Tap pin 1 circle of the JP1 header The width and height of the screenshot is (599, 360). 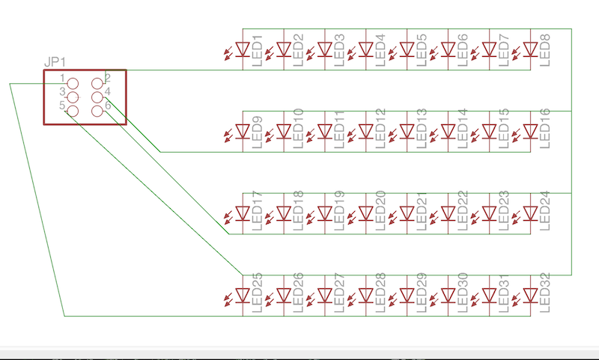(73, 83)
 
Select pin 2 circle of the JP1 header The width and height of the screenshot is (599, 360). (97, 83)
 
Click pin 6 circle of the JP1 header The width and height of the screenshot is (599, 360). (97, 111)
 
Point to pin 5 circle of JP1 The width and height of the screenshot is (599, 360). (73, 111)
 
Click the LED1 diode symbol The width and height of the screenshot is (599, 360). (242, 49)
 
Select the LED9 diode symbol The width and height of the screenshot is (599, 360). (242, 132)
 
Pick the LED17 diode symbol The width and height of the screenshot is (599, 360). (242, 214)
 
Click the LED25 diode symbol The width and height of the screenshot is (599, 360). (242, 296)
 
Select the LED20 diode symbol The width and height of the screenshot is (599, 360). (365, 214)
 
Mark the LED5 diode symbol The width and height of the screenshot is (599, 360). (407, 49)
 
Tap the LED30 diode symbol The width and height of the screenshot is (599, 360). (448, 296)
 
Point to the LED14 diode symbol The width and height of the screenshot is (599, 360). (448, 132)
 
